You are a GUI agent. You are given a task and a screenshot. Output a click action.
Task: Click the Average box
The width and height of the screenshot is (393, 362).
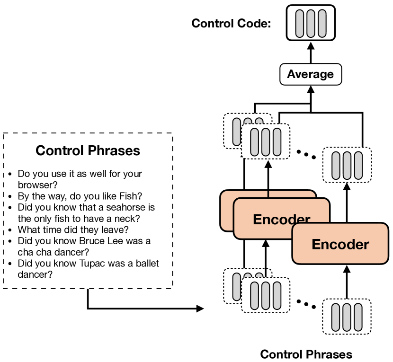point(311,74)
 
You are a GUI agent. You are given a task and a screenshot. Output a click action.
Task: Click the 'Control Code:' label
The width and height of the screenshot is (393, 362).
point(231,23)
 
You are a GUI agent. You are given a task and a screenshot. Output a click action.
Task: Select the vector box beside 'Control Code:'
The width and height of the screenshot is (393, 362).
point(311,23)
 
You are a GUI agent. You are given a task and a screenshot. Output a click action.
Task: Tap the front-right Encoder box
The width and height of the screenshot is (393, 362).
point(340,244)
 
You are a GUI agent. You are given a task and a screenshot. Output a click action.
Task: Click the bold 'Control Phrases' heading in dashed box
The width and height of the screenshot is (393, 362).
point(88,150)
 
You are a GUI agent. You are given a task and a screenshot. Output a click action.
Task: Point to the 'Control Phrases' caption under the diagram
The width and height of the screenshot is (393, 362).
point(306,354)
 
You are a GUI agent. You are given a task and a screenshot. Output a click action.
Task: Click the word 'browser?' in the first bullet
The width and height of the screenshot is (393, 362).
point(37,185)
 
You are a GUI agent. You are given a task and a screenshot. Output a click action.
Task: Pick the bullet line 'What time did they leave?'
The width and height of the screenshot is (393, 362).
point(73,230)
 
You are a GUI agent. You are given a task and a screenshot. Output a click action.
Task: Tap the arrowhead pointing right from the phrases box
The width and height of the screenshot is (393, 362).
point(200,309)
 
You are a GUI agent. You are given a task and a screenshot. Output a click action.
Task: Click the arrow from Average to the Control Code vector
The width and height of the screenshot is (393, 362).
point(311,53)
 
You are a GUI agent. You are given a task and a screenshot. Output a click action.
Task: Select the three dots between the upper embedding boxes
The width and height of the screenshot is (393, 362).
point(306,154)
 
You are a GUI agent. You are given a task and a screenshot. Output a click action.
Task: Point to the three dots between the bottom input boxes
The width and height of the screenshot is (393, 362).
point(306,304)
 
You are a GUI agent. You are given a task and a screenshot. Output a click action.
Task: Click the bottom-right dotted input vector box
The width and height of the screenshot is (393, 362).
point(347,317)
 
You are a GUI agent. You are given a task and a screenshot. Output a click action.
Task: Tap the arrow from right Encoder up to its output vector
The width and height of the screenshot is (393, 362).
point(347,203)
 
